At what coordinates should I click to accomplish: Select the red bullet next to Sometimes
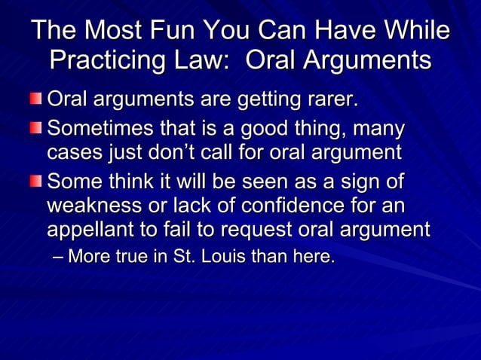coord(37,128)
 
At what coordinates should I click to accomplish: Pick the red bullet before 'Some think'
coord(37,181)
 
